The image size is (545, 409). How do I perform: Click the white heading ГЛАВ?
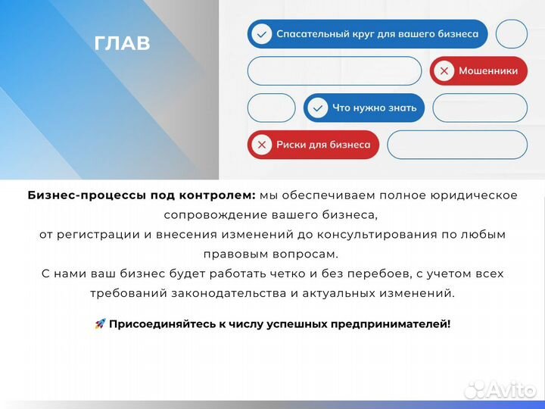tap(123, 43)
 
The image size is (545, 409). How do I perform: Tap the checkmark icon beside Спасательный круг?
tap(261, 34)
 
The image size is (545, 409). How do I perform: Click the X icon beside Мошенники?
tap(444, 71)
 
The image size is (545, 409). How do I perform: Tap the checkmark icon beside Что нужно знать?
tap(318, 108)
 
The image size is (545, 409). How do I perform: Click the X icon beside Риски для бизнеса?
tap(262, 145)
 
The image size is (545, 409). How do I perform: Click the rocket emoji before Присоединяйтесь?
tap(100, 324)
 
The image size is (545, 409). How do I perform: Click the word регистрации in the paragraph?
tap(95, 235)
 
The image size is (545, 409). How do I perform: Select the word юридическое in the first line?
tap(478, 195)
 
